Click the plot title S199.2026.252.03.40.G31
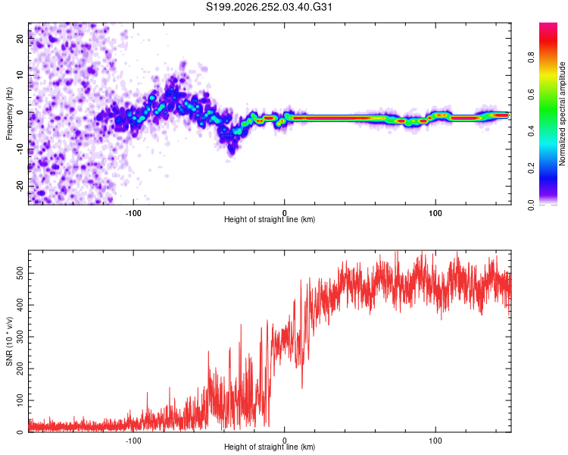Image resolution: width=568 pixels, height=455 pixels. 269,7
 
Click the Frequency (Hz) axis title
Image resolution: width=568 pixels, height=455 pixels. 9,114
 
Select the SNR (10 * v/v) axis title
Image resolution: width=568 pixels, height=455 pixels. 9,341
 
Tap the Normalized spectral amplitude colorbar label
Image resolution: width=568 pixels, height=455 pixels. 562,114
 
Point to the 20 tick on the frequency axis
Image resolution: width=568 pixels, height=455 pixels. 20,38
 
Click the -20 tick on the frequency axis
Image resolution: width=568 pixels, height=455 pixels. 20,187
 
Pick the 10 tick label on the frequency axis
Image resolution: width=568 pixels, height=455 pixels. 20,75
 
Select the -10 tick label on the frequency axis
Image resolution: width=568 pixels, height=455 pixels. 20,149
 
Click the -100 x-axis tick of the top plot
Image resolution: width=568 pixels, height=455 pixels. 133,213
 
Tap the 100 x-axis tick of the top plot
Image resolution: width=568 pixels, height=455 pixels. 435,213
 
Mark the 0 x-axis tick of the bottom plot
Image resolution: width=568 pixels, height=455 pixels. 284,441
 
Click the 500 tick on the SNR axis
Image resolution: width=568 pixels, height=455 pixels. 20,273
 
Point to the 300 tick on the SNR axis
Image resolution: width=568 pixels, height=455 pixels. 20,337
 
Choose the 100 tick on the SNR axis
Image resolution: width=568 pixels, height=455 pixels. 20,400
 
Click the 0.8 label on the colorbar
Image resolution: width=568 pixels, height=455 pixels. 531,58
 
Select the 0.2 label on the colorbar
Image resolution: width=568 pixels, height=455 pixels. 531,168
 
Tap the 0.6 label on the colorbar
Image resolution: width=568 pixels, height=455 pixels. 531,94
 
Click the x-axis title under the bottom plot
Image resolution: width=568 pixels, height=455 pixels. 270,447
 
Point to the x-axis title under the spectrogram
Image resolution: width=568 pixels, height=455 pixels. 270,219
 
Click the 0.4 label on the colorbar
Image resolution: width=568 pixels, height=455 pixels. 531,131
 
